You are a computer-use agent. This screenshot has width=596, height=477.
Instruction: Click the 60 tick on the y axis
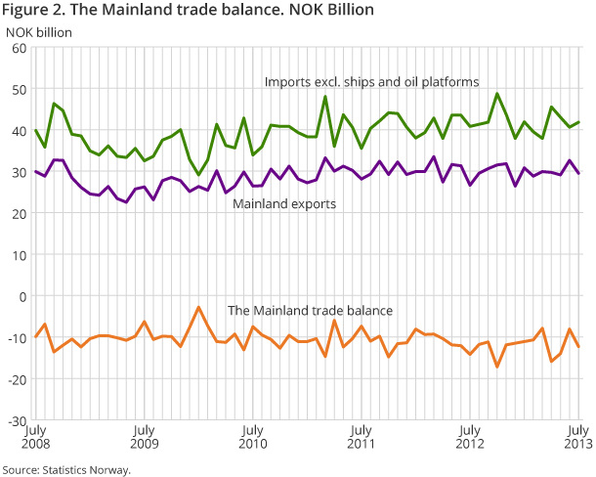coord(19,48)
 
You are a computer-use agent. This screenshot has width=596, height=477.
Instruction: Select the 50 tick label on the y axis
coord(19,90)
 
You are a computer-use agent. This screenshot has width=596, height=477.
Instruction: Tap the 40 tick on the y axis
coord(19,131)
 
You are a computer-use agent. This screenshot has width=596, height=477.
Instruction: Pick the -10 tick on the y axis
coord(17,337)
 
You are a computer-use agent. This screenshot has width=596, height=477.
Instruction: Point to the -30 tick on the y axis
coord(17,420)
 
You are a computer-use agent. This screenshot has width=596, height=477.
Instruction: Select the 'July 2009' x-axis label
coord(144,436)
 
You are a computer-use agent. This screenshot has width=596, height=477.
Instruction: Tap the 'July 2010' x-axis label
coord(252,436)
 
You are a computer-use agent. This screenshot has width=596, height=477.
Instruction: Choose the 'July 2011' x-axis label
coord(362,436)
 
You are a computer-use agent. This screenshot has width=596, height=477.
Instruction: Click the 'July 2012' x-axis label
coord(470,436)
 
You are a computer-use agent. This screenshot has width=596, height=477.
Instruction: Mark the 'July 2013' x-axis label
coord(576,436)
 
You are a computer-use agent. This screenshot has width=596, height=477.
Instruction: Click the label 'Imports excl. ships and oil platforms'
coord(371,82)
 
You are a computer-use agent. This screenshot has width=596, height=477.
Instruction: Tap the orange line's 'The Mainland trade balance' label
coord(310,310)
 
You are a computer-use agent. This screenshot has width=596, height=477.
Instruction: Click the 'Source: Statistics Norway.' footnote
coord(66,468)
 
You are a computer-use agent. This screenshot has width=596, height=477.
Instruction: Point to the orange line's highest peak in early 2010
coord(198,307)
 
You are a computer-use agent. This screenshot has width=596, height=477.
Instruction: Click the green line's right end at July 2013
coord(579,122)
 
